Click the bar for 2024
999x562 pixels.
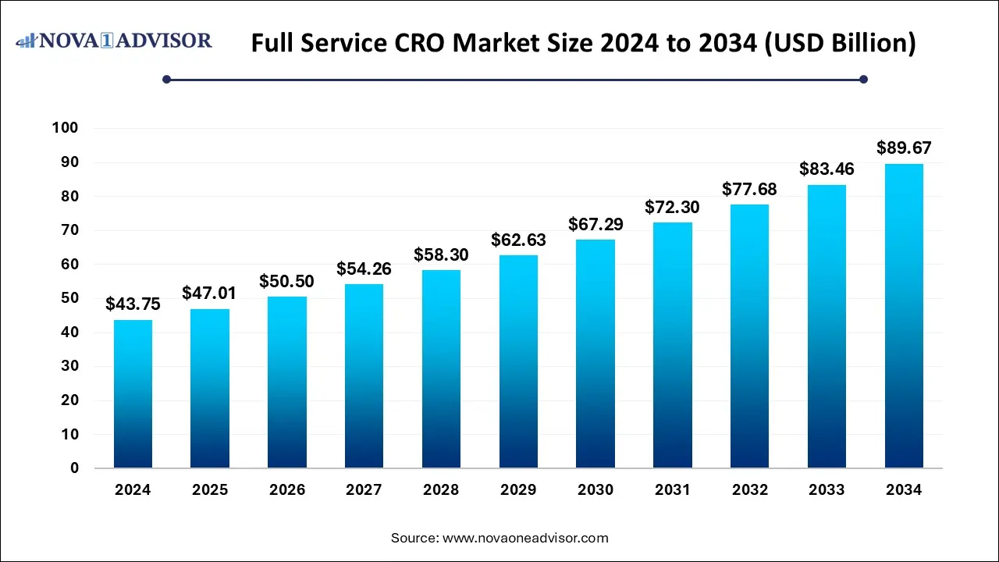[133, 394]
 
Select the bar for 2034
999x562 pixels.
[904, 316]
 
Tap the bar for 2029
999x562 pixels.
[518, 361]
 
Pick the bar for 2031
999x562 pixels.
[672, 345]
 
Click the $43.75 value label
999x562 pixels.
[133, 304]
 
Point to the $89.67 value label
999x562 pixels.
[904, 148]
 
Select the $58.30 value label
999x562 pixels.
[441, 254]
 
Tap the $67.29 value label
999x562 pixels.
[595, 224]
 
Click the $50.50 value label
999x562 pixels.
[287, 281]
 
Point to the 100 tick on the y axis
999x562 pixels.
[66, 128]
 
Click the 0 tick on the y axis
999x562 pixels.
[74, 468]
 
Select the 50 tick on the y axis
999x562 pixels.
[69, 298]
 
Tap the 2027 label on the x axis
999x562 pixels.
[364, 490]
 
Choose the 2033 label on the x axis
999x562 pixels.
[827, 490]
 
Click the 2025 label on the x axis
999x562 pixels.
[210, 490]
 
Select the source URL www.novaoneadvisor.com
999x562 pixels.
[525, 538]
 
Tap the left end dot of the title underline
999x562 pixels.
[166, 79]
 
